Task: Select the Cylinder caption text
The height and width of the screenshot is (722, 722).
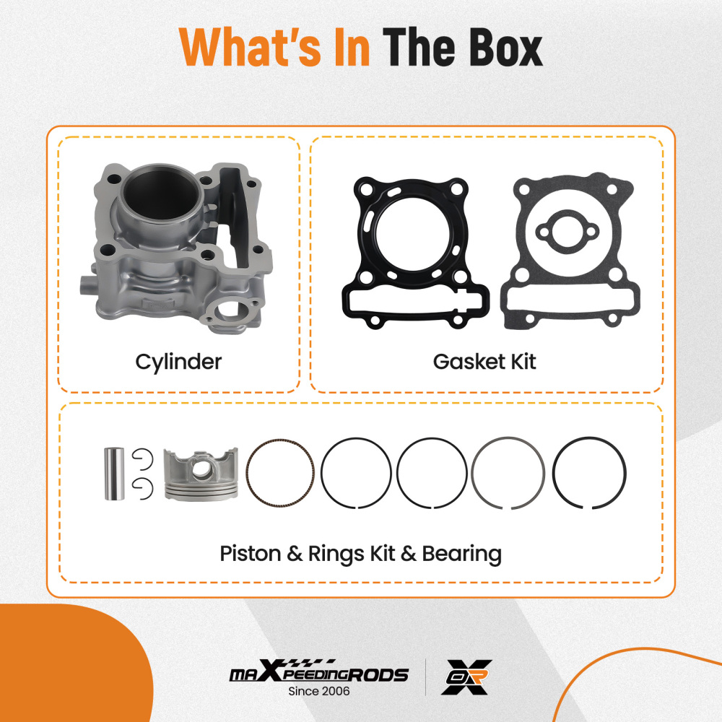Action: tap(178, 361)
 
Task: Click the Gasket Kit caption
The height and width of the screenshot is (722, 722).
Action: tap(484, 361)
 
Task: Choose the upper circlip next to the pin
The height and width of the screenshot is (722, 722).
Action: tap(142, 456)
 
